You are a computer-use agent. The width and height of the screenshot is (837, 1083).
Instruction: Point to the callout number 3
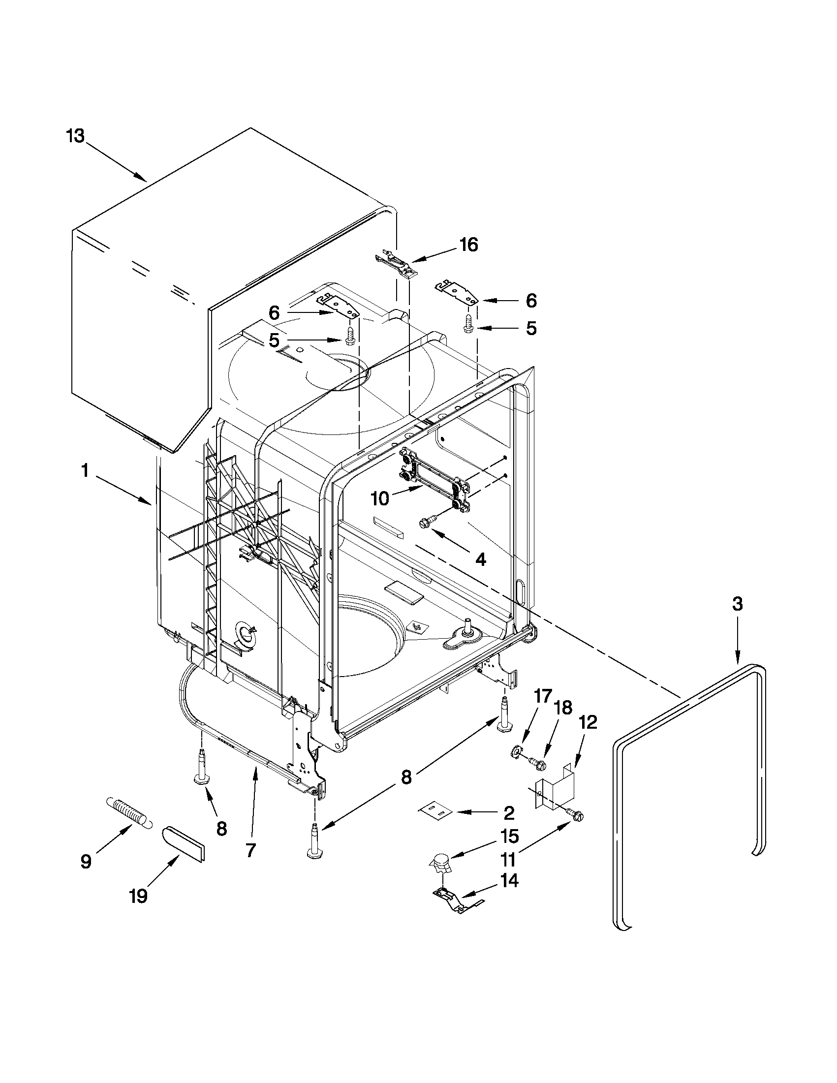737,604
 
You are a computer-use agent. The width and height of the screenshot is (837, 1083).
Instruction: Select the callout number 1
85,470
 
